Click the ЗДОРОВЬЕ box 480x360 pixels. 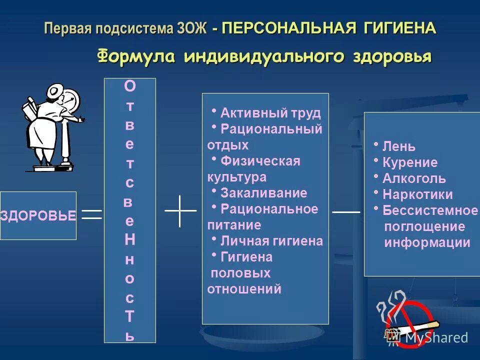pyautogui.click(x=38, y=215)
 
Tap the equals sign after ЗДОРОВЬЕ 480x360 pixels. pyautogui.click(x=92, y=214)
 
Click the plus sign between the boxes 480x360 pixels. pyautogui.click(x=180, y=211)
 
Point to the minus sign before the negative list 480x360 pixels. pyautogui.click(x=346, y=212)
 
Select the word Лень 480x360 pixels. pyautogui.click(x=398, y=147)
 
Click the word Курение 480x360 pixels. pyautogui.click(x=409, y=163)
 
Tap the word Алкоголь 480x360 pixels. pyautogui.click(x=413, y=179)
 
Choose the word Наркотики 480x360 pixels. pyautogui.click(x=417, y=195)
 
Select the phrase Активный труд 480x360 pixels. pyautogui.click(x=270, y=113)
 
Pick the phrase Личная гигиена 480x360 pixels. pyautogui.click(x=271, y=241)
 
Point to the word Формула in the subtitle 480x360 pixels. pyautogui.click(x=135, y=56)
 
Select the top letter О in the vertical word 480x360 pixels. pyautogui.click(x=129, y=87)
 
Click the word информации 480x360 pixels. pyautogui.click(x=427, y=243)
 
